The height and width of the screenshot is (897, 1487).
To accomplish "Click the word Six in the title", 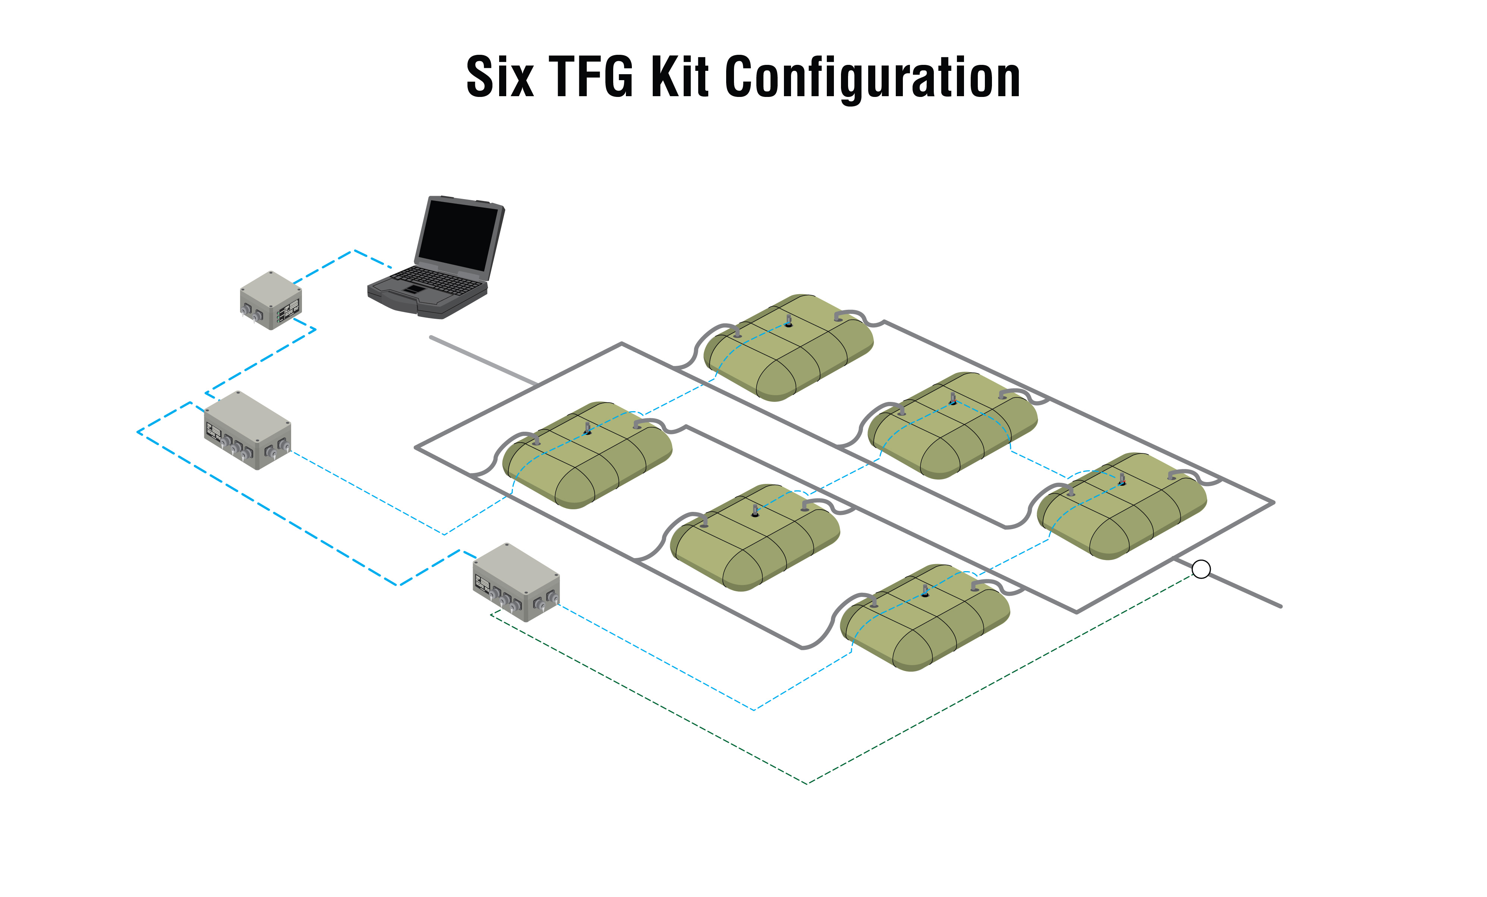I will click(500, 77).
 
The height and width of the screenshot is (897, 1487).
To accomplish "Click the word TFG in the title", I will click(592, 77).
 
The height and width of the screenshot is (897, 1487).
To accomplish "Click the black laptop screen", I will click(459, 235).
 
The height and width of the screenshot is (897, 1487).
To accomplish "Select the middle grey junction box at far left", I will click(248, 430).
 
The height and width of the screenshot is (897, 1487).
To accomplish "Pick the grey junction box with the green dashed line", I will click(516, 582).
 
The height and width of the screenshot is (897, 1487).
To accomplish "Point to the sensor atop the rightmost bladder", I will click(1122, 480).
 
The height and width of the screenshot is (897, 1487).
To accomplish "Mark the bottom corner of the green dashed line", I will click(807, 784).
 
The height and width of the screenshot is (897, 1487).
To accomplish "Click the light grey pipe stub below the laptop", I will click(483, 361).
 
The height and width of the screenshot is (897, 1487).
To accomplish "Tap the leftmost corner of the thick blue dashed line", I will click(138, 432).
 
